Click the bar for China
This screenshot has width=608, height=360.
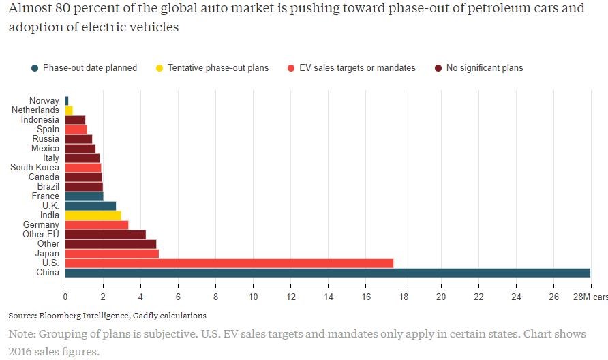click(327, 273)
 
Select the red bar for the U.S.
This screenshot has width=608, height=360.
click(229, 263)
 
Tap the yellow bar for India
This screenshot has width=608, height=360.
click(93, 215)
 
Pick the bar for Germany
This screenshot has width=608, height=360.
click(96, 225)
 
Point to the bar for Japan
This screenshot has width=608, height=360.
click(112, 254)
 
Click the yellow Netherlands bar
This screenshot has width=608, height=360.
click(69, 110)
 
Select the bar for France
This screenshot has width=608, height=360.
click(84, 196)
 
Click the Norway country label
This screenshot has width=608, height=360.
click(44, 101)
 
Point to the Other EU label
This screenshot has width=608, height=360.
click(40, 235)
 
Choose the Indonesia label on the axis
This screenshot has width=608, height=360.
click(40, 120)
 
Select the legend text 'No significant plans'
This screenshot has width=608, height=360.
click(484, 68)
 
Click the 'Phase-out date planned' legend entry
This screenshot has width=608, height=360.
click(89, 68)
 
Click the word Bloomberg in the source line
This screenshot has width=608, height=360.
click(62, 316)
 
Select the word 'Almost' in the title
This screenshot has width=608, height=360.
click(28, 10)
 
